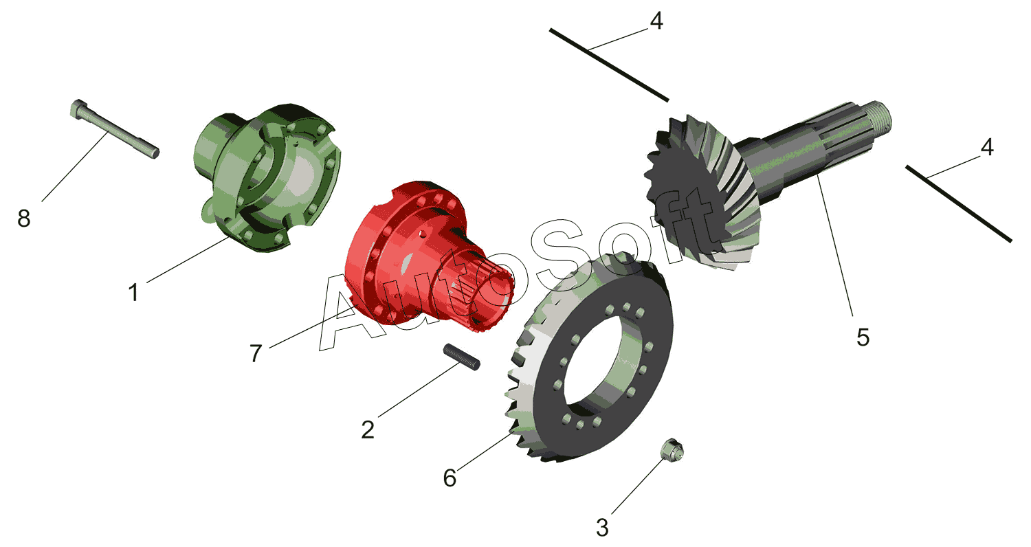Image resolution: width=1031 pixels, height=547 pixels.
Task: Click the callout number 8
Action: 24,219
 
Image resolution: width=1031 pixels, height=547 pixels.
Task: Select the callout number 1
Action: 133,293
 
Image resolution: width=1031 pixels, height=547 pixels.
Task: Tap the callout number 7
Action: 256,353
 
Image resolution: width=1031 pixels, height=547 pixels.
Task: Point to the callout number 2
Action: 368,430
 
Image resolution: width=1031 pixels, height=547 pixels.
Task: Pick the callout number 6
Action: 450,478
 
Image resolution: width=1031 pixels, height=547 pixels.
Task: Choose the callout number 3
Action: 603,528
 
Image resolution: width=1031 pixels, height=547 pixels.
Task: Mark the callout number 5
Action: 863,337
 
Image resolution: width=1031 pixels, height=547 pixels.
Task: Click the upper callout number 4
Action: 656,21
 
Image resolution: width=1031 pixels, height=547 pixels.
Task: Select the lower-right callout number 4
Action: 987,148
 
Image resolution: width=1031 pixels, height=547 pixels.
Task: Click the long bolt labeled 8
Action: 115,129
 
